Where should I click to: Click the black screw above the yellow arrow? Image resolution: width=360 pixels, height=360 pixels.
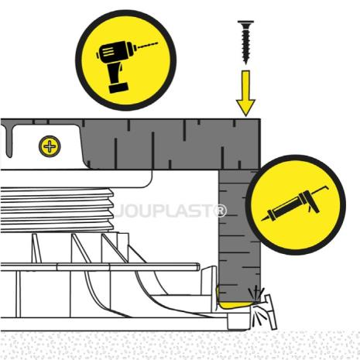tap(245, 42)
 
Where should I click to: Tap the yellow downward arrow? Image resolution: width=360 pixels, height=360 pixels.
tap(245, 93)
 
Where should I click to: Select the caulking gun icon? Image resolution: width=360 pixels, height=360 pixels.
tap(296, 204)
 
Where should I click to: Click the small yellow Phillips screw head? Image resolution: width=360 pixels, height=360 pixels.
tap(50, 146)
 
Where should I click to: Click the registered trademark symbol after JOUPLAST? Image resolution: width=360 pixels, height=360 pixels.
tap(220, 211)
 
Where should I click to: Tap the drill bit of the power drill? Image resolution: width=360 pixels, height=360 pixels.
tap(147, 45)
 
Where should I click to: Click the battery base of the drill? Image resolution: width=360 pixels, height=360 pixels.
tap(118, 87)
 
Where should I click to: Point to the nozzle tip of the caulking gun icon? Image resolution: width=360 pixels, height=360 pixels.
tap(265, 219)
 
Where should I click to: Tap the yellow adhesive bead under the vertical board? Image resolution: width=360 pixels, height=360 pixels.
tap(234, 304)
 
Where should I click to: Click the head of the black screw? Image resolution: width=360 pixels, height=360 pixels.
tap(245, 22)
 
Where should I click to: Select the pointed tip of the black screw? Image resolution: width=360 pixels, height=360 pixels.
tap(245, 63)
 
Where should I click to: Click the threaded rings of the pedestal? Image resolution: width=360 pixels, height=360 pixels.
tap(57, 210)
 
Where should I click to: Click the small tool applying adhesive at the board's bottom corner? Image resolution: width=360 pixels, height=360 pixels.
tap(269, 311)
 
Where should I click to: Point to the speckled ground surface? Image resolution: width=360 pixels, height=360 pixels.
tap(180, 345)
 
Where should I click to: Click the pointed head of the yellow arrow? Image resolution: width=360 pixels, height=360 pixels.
tap(245, 108)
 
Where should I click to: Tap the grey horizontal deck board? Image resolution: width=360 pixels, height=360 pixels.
tap(170, 144)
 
